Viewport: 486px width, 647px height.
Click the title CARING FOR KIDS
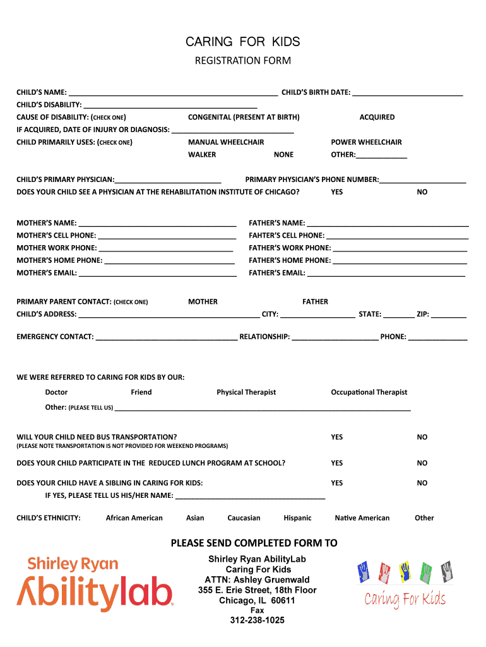point(242,42)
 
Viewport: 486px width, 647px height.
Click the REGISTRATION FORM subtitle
point(242,61)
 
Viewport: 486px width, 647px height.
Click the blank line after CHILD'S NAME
point(174,92)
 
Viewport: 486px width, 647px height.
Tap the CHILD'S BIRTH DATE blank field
point(407,92)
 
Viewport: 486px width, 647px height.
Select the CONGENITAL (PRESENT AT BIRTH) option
point(244,117)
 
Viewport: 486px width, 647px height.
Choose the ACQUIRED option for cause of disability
point(377,117)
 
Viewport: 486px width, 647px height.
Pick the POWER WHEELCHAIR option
point(366,142)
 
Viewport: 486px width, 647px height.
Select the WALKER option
point(202,155)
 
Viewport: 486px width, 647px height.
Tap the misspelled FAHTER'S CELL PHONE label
point(287,236)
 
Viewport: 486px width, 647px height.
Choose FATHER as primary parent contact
point(315,302)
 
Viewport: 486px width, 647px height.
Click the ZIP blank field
point(449,314)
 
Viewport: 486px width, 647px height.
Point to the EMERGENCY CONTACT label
point(55,337)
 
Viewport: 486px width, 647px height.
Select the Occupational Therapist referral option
point(369,392)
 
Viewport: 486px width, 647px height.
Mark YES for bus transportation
point(337,437)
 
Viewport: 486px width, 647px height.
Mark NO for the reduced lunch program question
point(422,463)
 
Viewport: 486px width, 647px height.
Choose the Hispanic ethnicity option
point(297,518)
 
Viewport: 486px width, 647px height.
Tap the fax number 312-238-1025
point(257,620)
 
